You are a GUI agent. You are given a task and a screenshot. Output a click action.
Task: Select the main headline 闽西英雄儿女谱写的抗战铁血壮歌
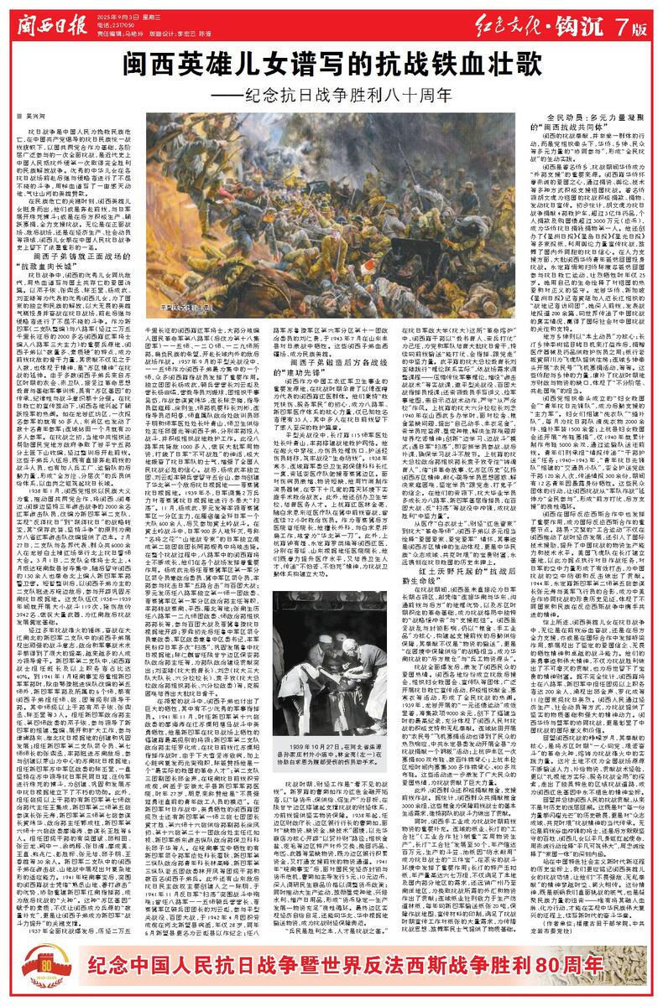[x=331, y=63]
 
